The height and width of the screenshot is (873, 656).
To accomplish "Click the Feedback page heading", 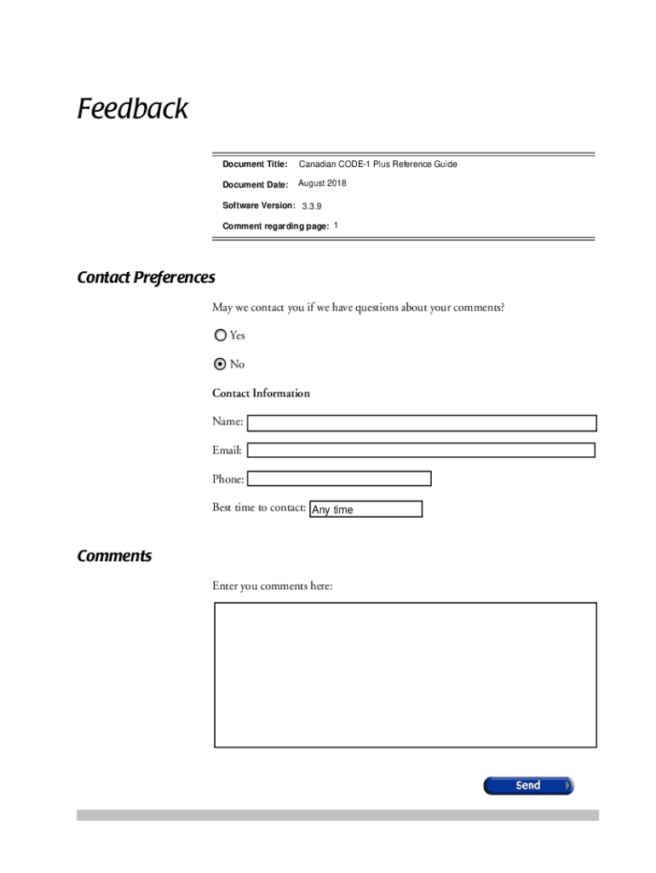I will pos(132,110).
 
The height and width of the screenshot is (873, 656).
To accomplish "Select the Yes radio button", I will pos(221,336).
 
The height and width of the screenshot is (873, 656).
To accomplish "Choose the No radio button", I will pos(221,364).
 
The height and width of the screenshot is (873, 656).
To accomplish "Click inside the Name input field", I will pos(422,423).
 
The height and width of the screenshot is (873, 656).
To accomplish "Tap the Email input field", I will pos(421,450).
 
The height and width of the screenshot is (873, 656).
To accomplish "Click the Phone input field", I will pos(338,479).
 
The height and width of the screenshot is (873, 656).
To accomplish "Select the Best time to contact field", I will pos(365,509).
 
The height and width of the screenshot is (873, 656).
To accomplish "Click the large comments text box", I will pos(405,675).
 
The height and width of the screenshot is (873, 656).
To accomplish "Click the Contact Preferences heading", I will pos(146,278).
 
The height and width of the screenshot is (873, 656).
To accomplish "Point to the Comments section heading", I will pos(114,557).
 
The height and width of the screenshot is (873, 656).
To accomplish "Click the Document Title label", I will pos(255,164).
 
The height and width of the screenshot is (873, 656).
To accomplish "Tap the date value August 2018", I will pos(322,184).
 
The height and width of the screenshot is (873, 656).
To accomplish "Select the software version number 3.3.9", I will pos(312,206).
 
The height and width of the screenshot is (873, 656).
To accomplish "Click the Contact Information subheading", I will pos(261,393).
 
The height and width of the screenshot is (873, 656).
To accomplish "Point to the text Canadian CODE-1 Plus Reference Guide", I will pos(377,164).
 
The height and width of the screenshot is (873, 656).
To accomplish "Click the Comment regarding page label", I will pos(275,226).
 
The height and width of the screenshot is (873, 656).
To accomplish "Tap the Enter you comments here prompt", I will pos(272,587).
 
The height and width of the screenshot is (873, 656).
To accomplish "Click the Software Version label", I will pos(258,205).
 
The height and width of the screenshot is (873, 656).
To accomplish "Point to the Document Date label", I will pos(255,184).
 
